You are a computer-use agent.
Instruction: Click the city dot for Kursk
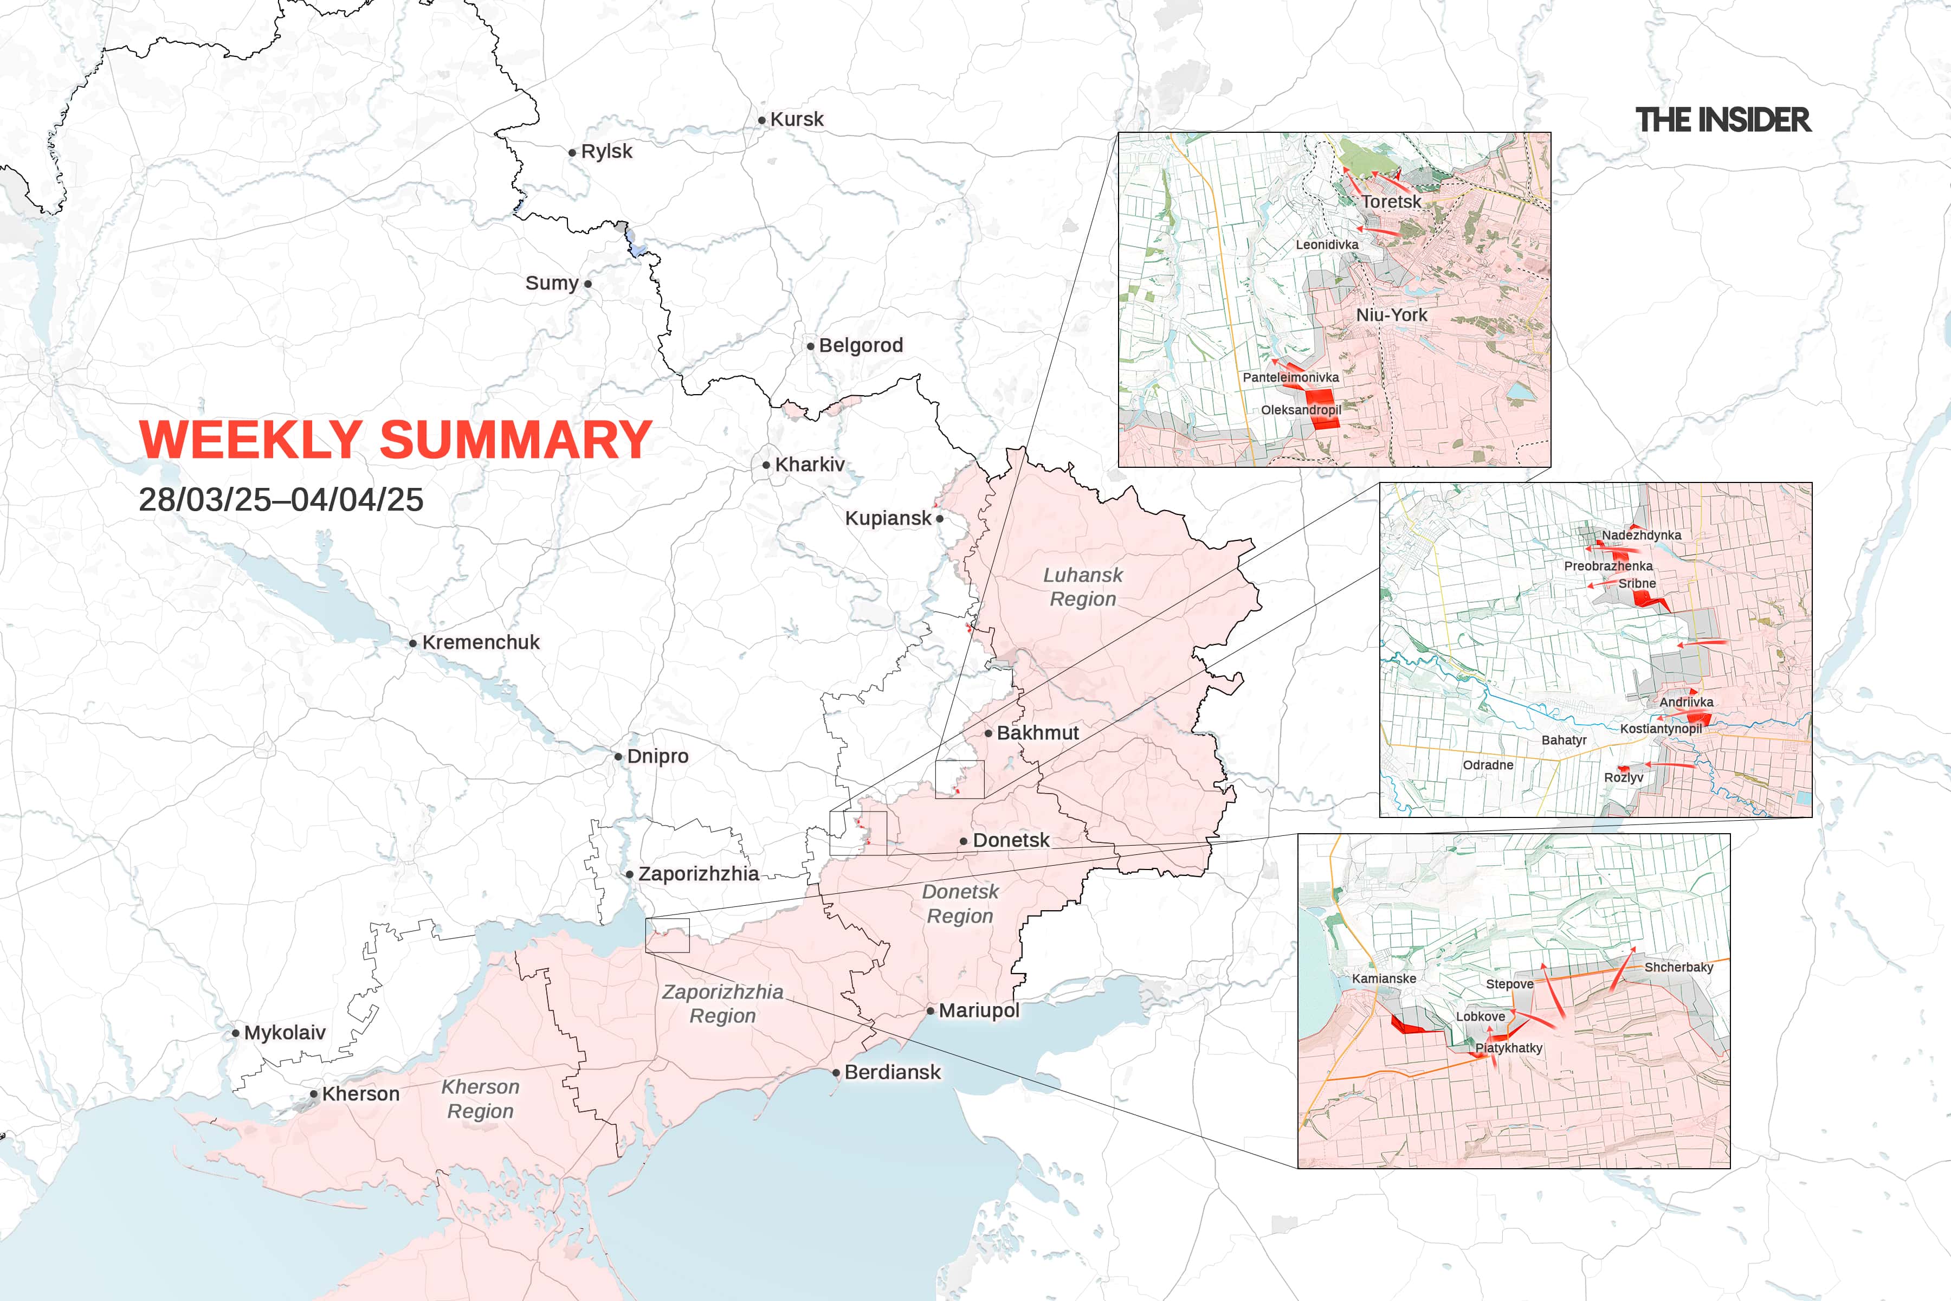(761, 120)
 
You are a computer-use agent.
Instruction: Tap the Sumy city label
(552, 283)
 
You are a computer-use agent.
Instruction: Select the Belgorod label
(860, 345)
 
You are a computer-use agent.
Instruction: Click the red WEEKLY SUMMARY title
(395, 439)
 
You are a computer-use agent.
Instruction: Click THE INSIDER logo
(1723, 120)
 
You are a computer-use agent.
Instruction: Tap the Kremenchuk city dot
(413, 643)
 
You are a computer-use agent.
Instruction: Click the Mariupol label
(978, 1010)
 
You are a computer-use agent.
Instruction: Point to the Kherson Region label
(480, 1099)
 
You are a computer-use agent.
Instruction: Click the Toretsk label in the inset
(1391, 202)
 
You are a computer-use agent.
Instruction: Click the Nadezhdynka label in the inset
(1641, 535)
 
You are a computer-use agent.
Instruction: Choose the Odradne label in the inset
(1487, 765)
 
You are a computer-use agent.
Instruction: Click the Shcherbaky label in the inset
(1678, 968)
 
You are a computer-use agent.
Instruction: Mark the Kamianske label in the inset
(1384, 978)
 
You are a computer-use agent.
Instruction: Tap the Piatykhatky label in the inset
(1508, 1048)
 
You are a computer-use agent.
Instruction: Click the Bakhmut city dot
(989, 733)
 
